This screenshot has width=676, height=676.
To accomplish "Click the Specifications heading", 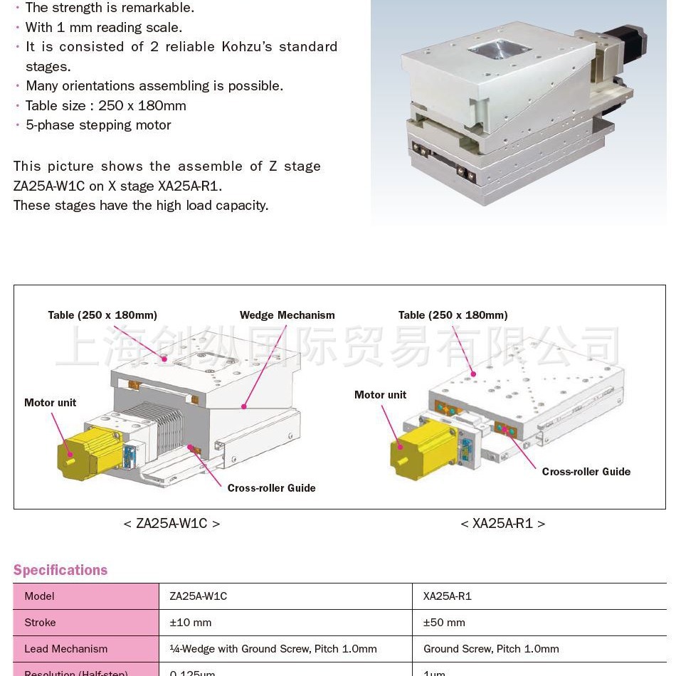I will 60,570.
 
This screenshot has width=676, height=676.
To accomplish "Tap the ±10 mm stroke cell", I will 191,623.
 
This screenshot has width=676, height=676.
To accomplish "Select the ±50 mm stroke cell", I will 444,623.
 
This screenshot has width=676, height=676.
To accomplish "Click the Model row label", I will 39,596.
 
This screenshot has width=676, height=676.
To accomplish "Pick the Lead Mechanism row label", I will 65,649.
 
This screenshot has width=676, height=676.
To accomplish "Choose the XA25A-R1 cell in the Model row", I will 447,596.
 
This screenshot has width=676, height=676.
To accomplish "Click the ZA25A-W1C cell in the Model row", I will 198,596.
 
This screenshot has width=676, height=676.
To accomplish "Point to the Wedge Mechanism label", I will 287,315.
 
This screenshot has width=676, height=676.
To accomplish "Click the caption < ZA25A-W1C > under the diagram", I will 171,524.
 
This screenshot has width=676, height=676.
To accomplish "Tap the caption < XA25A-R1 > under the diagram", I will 502,524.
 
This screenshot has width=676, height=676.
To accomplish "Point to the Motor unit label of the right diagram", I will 380,395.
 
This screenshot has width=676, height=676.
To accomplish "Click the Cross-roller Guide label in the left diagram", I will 271,488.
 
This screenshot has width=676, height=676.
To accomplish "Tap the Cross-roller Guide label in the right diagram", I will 586,472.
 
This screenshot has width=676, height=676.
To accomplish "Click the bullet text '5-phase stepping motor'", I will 98,125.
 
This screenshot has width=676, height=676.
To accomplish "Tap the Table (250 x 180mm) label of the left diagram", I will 102,315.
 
